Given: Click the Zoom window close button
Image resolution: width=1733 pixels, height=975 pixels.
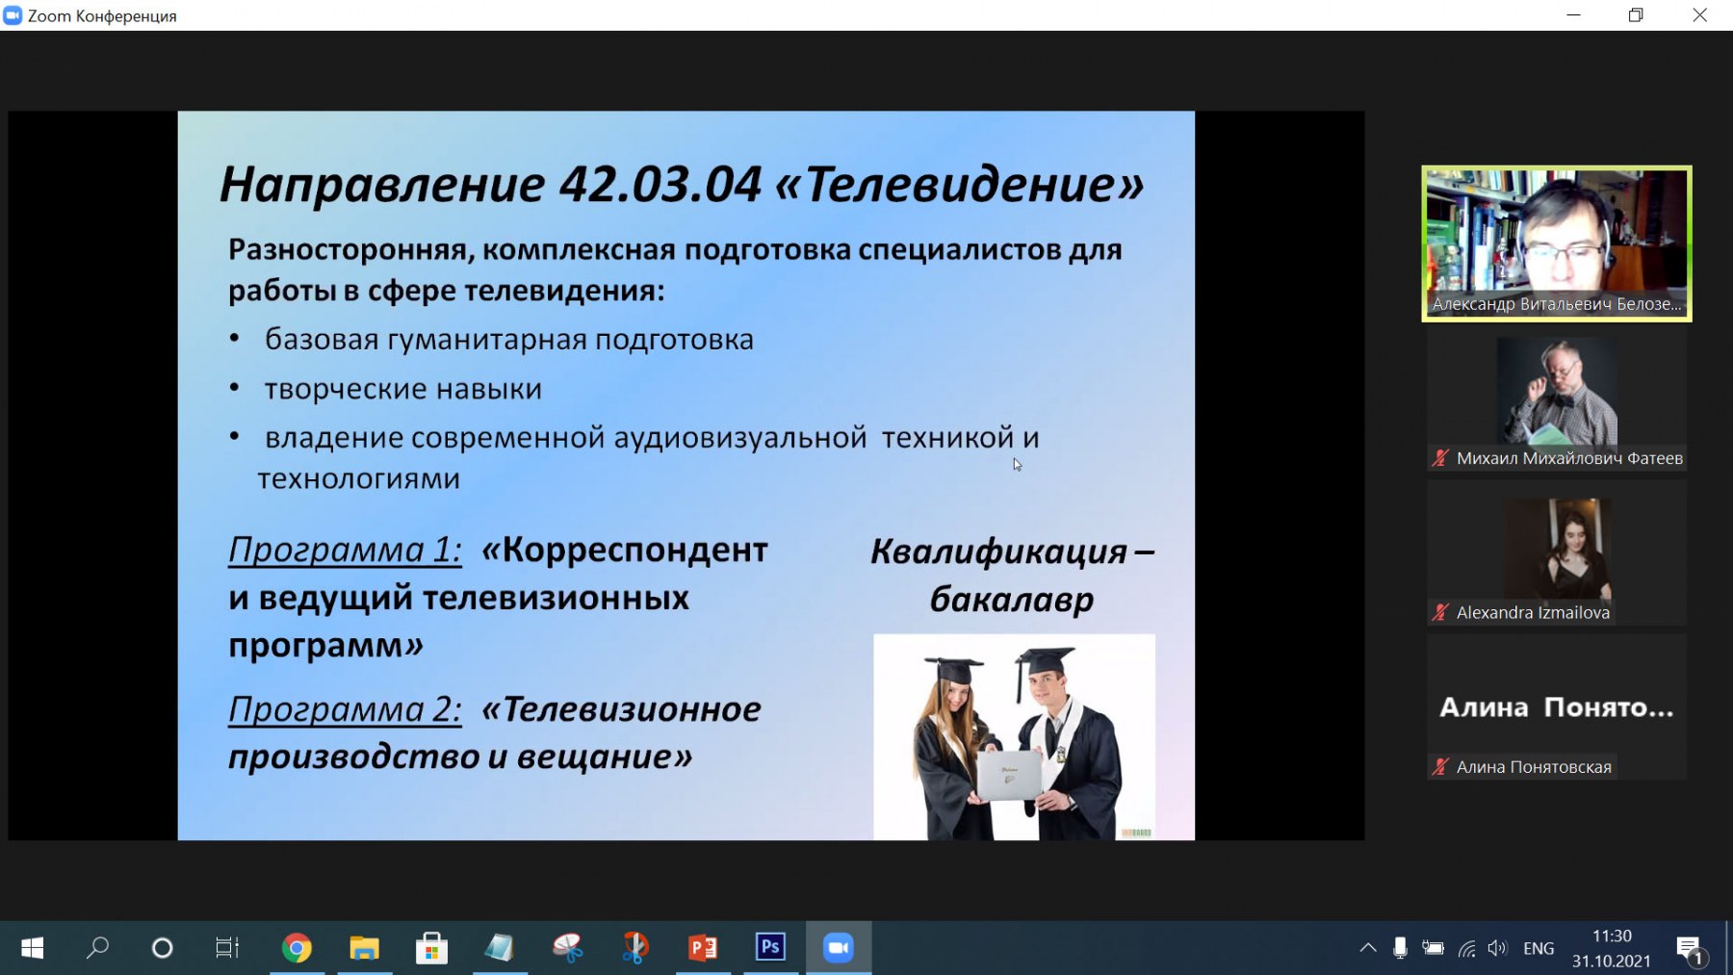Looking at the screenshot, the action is coord(1699,15).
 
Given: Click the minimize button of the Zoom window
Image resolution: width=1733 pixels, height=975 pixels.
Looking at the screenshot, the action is coord(1574,15).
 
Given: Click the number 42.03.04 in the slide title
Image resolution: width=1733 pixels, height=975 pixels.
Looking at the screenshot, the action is coord(660,184).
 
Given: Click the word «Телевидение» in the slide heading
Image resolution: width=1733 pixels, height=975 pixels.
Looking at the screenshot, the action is coord(959,184).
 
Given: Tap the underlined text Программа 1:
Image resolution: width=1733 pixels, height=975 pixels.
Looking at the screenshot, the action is coord(345,550).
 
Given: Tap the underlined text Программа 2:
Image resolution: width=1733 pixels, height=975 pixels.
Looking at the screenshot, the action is coord(345,709).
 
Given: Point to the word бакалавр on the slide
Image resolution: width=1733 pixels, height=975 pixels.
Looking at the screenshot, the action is coord(1012,599).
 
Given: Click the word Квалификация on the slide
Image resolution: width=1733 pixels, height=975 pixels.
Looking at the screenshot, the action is coord(998,552).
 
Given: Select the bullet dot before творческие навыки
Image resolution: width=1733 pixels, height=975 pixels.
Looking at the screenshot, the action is coord(234,388).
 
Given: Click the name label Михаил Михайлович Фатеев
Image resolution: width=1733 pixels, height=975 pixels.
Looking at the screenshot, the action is coord(1569,458).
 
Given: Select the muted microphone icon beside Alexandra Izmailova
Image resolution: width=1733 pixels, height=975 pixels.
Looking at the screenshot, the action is coord(1440,612).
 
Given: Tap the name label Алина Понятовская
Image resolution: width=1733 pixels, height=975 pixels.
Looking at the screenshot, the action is coord(1534,767).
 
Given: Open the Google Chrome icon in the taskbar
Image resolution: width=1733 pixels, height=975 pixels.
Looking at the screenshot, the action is coord(297,948).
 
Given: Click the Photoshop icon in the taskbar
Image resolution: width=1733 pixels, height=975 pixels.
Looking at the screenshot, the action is coord(770,947).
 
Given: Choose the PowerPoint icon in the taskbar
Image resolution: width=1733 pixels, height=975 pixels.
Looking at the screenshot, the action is coord(703,948).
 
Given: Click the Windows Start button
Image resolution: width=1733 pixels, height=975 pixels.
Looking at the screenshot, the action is coord(32,948).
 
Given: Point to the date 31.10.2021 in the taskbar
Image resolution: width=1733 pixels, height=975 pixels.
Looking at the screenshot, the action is coord(1612,961).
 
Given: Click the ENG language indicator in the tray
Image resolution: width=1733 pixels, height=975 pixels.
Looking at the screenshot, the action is coord(1539,948).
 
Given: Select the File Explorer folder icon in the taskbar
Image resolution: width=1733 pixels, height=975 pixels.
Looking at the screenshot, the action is coord(364,948).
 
